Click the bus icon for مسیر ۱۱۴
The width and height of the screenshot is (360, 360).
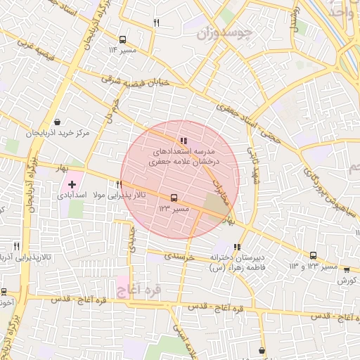tap(123, 40)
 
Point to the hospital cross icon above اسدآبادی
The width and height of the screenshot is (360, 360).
tap(72, 183)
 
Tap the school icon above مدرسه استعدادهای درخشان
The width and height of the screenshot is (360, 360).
tap(183, 141)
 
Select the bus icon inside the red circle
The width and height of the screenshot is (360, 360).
tap(174, 198)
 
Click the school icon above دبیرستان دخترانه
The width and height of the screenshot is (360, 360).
tap(237, 247)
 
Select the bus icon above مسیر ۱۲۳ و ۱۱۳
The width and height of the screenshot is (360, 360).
tap(313, 257)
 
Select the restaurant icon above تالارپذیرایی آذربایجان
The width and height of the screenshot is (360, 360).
tap(16, 246)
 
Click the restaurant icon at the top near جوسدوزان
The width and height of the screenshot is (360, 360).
tap(156, 22)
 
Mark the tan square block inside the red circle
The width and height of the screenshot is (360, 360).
tap(215, 205)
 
